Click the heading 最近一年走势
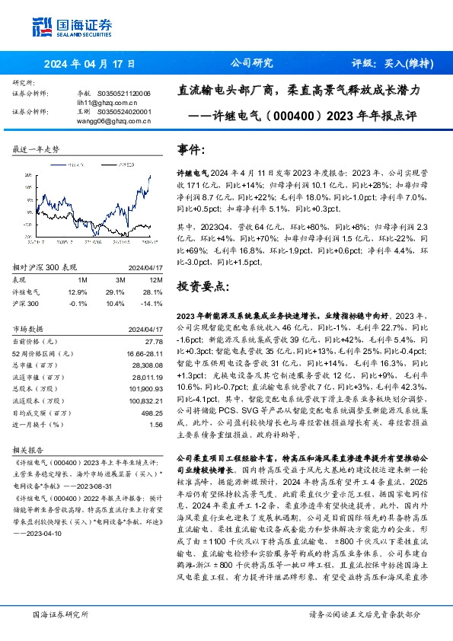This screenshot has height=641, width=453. point(36,149)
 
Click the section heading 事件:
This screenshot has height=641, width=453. point(192,150)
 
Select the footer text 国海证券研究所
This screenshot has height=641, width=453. point(59,613)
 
